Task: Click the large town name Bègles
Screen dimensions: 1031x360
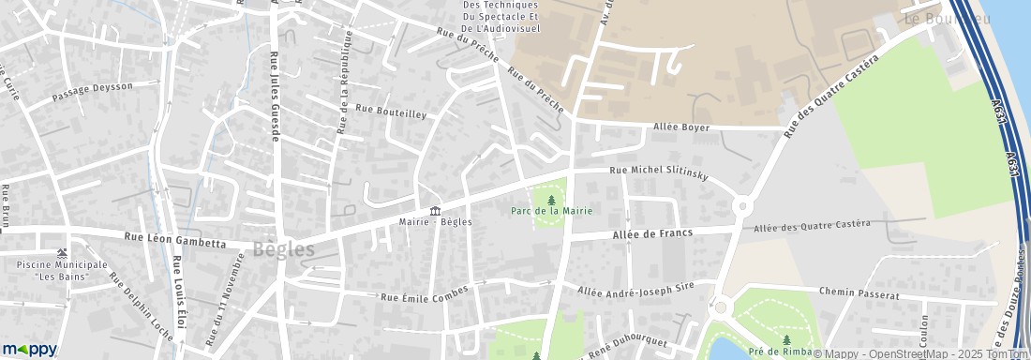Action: pos(283,249)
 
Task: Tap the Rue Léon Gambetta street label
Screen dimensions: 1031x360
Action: pos(175,241)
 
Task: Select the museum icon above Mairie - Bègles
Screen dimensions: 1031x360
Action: pos(435,211)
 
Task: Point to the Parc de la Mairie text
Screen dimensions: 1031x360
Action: pos(551,211)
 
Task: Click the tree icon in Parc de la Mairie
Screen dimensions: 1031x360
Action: pos(551,200)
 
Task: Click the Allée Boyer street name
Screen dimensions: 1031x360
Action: pos(683,127)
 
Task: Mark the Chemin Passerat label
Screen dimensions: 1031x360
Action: pos(858,294)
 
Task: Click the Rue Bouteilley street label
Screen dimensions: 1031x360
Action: pos(391,112)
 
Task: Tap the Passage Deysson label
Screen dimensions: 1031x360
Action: pos(93,92)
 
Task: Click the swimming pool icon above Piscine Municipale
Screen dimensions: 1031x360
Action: pos(62,253)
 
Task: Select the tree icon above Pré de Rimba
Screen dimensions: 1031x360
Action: pos(786,340)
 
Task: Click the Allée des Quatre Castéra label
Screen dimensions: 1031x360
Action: pos(812,226)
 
